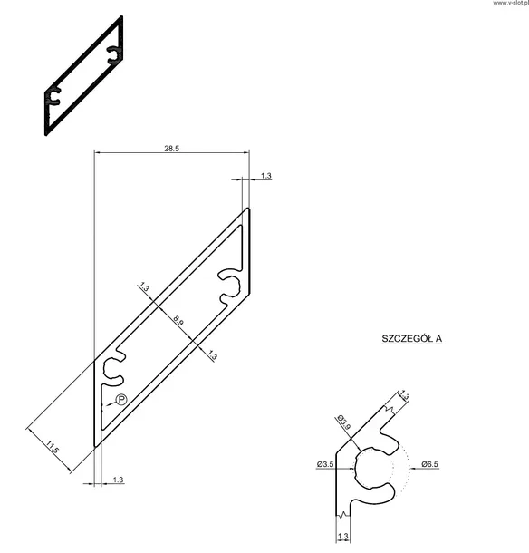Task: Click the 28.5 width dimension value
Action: pos(171,148)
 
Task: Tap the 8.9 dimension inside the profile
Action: pos(178,321)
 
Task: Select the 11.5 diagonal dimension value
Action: pos(53,448)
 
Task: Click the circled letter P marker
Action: pos(121,400)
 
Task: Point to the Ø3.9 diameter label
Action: pos(344,422)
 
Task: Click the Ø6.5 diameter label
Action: pos(429,465)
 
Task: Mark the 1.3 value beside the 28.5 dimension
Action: pos(265,176)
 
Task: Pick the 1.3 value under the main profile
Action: pos(119,480)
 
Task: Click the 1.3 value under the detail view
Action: pos(342,537)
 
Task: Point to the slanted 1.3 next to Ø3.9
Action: pos(404,396)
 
